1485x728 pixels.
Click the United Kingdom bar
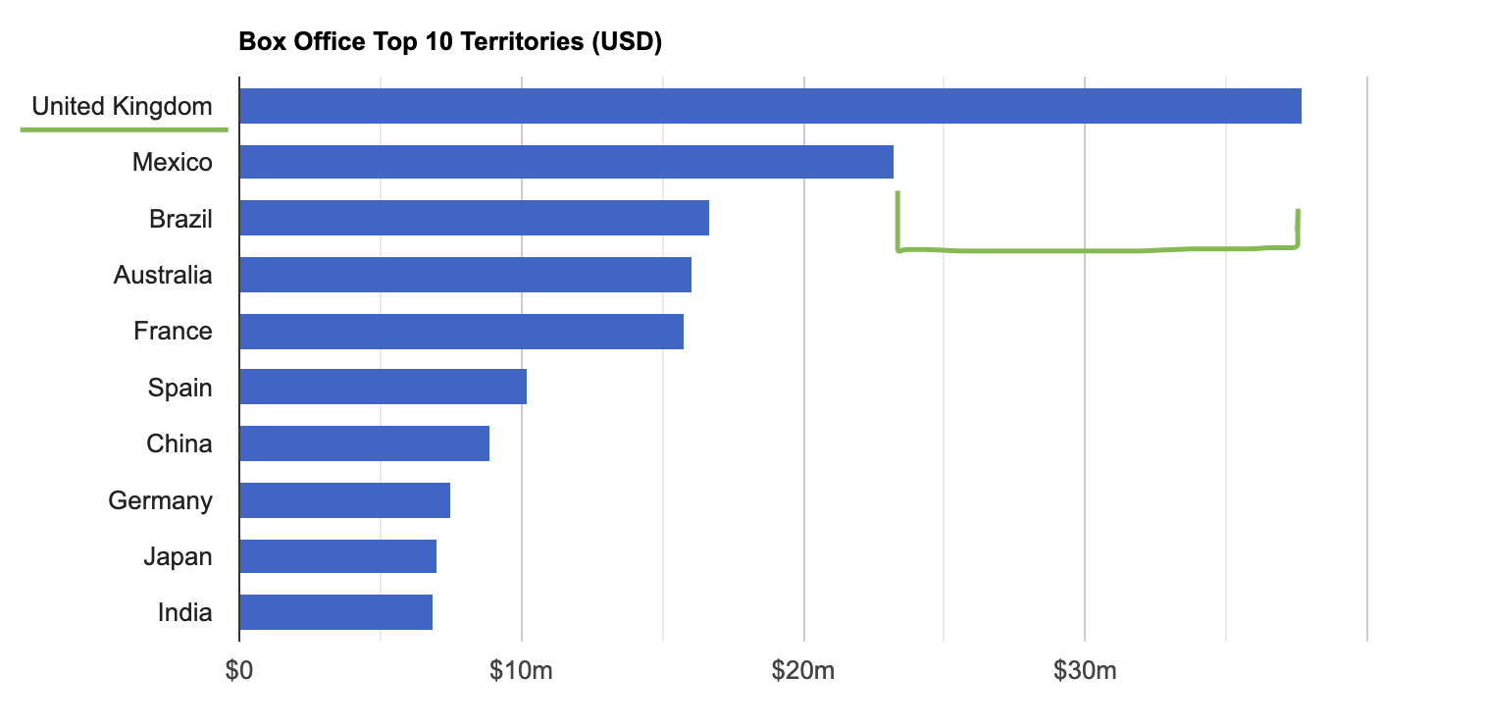pyautogui.click(x=770, y=106)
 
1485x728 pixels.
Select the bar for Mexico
pyautogui.click(x=566, y=162)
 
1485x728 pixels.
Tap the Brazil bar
pyautogui.click(x=474, y=218)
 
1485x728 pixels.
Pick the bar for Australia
pyautogui.click(x=465, y=275)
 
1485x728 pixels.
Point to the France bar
pyautogui.click(x=461, y=331)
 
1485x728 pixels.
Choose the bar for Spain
pyautogui.click(x=383, y=387)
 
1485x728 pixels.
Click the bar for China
pyautogui.click(x=364, y=443)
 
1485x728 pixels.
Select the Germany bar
pyautogui.click(x=344, y=500)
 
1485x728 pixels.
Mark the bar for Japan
pyautogui.click(x=337, y=556)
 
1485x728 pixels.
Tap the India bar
pyautogui.click(x=335, y=612)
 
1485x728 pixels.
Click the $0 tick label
pyautogui.click(x=239, y=671)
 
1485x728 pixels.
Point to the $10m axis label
pyautogui.click(x=521, y=671)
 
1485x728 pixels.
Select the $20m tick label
pyautogui.click(x=803, y=671)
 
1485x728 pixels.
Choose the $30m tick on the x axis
pyautogui.click(x=1085, y=671)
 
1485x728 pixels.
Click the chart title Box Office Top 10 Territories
pyautogui.click(x=451, y=42)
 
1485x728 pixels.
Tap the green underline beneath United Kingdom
pyautogui.click(x=124, y=129)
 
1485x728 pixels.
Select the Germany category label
pyautogui.click(x=160, y=500)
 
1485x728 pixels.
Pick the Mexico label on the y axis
pyautogui.click(x=172, y=162)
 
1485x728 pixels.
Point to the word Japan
pyautogui.click(x=178, y=556)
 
